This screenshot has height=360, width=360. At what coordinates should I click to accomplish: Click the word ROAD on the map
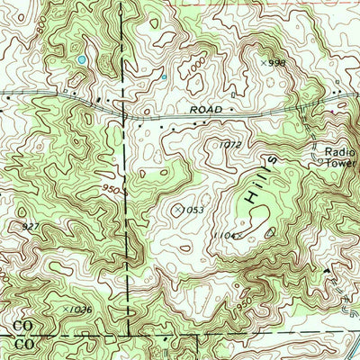point(206,110)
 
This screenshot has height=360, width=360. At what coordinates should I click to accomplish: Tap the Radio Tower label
point(341,158)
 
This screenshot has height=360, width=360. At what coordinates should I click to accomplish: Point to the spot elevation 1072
point(231,144)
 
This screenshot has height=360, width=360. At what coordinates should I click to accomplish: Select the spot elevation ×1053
point(187,209)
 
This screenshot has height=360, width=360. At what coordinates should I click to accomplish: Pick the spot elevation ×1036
point(78,310)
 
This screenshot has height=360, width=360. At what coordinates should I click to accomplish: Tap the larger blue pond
point(82,59)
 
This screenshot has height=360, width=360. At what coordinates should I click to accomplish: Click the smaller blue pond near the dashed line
point(163,77)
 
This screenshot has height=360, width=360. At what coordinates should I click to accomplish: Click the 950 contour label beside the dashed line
point(112,191)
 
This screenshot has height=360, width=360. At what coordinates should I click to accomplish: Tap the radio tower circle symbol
point(315,154)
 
